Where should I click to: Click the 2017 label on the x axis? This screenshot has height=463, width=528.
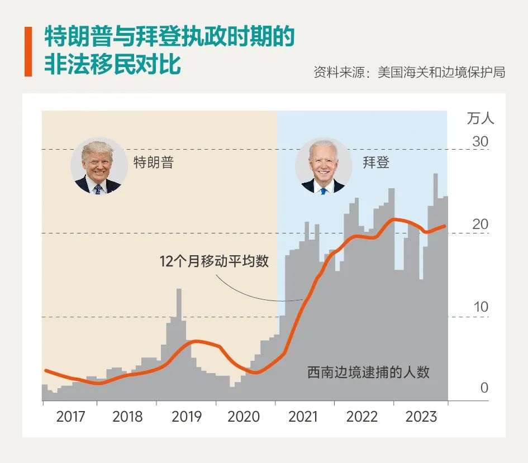[x=71, y=417]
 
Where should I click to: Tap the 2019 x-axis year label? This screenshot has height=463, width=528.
[x=187, y=417]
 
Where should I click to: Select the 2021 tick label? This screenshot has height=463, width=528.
[x=302, y=417]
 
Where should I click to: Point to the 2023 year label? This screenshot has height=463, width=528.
[x=421, y=417]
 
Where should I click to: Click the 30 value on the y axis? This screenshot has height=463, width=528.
[x=480, y=142]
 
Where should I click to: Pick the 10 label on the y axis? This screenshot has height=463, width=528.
[x=480, y=307]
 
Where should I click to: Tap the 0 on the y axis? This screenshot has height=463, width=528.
[x=484, y=388]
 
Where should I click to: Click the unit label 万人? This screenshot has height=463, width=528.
[x=480, y=118]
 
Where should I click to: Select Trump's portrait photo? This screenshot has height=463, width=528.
[x=98, y=166]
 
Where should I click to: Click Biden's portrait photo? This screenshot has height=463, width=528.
[x=323, y=166]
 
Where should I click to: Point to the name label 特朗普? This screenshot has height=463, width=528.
[x=153, y=163]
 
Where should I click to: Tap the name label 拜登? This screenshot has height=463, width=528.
[x=375, y=163]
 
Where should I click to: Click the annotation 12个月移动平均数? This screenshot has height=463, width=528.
[x=214, y=261]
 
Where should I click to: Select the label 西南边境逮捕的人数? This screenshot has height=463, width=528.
[x=368, y=372]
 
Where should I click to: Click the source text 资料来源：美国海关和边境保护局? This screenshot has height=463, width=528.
[x=409, y=72]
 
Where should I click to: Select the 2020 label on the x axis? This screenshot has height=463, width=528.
[x=244, y=417]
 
